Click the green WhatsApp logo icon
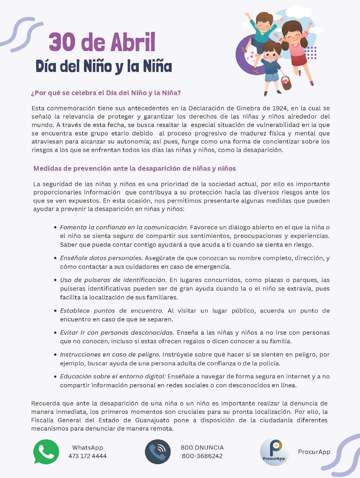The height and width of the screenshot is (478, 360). pos(46,451)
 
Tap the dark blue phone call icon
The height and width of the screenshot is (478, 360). pos(158,451)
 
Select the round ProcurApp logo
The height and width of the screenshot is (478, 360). pos(274,451)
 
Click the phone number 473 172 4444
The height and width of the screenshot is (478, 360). pos(88,456)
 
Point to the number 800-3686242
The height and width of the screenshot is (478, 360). pos(202,456)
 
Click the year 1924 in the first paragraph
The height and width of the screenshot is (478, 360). pos(279,108)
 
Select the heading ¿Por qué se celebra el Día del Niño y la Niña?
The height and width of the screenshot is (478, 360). pos(106,93)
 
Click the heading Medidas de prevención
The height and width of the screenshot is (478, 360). pos(135,168)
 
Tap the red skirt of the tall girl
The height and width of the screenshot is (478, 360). pos(299,60)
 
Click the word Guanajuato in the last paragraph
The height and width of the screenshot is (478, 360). pos(152,420)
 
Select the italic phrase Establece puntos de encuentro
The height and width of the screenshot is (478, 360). pos(111,311)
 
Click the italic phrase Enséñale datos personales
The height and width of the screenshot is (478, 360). pos(101,258)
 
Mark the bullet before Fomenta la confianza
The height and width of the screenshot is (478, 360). pos(55,228)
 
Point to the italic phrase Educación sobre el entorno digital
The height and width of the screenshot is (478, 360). pos(113,376)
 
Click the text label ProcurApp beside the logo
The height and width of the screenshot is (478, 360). pos(314,452)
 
